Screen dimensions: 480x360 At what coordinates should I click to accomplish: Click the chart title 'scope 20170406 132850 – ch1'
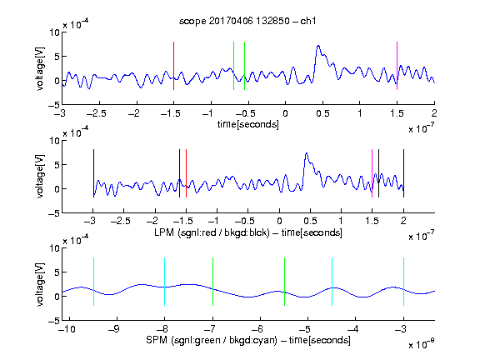tap(247, 21)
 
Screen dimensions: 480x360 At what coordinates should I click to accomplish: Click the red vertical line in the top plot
tap(173, 66)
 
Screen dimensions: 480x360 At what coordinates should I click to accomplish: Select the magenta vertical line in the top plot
tap(397, 66)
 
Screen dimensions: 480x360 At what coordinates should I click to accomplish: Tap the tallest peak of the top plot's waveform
tap(318, 46)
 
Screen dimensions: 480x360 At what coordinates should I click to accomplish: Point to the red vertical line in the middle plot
tap(186, 173)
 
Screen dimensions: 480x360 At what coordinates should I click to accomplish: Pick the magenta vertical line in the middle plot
tap(372, 173)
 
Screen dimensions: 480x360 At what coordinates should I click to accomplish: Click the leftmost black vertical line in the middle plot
tap(93, 173)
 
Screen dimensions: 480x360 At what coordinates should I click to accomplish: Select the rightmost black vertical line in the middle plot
tap(403, 173)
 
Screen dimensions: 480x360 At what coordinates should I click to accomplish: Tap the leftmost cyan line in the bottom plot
tap(93, 282)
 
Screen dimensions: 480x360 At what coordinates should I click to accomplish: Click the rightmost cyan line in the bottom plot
tap(403, 282)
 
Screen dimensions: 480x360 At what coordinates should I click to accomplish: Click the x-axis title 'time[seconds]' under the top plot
tap(248, 124)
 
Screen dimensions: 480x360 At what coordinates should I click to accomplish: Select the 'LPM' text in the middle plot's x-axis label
tap(164, 232)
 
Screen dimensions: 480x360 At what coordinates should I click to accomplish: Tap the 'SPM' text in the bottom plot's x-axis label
tap(157, 340)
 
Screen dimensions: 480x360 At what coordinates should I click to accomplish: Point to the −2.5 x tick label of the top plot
tap(96, 113)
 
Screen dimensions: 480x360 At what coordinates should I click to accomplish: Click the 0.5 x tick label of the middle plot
tap(310, 221)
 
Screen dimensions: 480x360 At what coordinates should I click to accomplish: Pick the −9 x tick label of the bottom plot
tap(114, 329)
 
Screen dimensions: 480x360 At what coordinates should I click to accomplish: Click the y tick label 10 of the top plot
tap(55, 32)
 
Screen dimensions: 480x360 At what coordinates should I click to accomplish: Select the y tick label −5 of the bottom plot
tap(54, 321)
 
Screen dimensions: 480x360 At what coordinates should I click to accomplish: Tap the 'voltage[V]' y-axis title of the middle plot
tap(40, 177)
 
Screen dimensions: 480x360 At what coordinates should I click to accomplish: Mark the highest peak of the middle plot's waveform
tap(307, 153)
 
